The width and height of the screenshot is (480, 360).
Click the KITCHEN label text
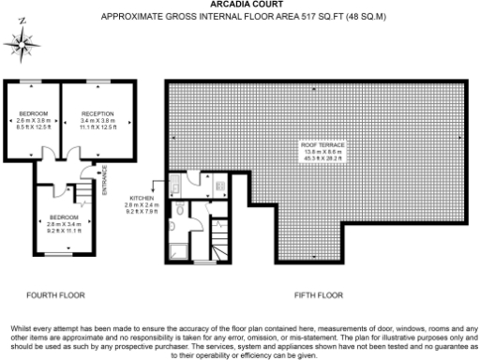pyautogui.click(x=141, y=199)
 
